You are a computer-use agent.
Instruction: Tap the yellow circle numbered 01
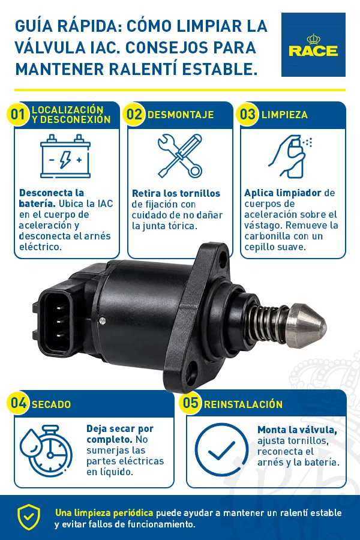pyautogui.click(x=17, y=113)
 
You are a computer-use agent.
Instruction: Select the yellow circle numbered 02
pyautogui.click(x=134, y=113)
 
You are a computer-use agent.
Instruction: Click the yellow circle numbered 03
pyautogui.click(x=247, y=113)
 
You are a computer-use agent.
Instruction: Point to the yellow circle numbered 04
pyautogui.click(x=18, y=403)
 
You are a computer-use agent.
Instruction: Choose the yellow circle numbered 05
pyautogui.click(x=190, y=403)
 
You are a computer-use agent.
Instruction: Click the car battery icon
pyautogui.click(x=65, y=156)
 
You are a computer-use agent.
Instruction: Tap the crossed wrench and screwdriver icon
pyautogui.click(x=179, y=155)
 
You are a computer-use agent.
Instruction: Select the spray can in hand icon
pyautogui.click(x=290, y=157)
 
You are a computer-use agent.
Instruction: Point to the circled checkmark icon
pyautogui.click(x=221, y=449)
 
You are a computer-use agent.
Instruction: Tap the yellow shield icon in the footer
pyautogui.click(x=29, y=517)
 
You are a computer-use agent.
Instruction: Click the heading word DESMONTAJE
pyautogui.click(x=181, y=115)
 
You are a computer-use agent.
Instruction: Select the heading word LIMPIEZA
pyautogui.click(x=284, y=115)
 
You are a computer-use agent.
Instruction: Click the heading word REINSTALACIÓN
pyautogui.click(x=243, y=404)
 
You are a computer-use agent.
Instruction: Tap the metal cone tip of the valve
pyautogui.click(x=305, y=324)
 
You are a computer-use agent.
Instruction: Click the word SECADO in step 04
pyautogui.click(x=51, y=404)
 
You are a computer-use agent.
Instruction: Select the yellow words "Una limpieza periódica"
pyautogui.click(x=104, y=513)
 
